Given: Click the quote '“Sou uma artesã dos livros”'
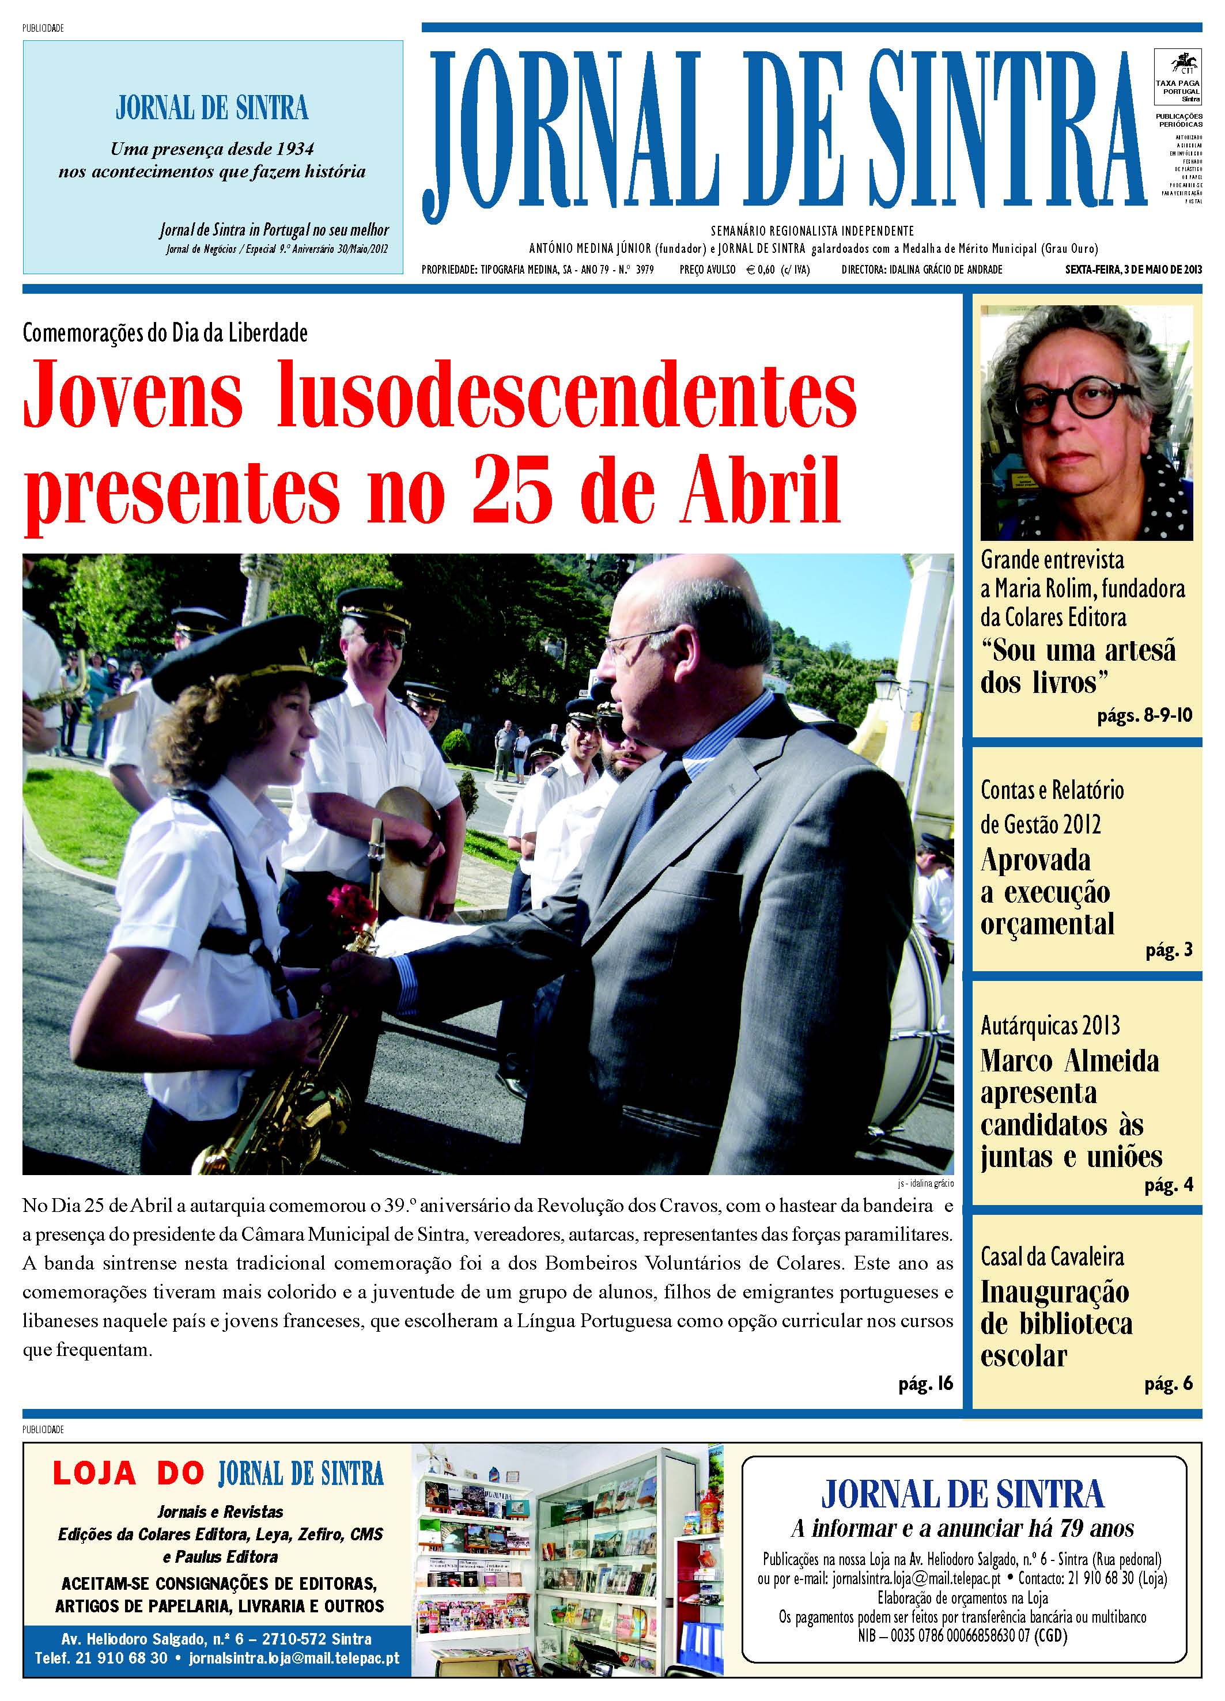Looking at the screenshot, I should [x=1077, y=666].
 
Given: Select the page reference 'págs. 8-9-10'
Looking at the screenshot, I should [x=1144, y=715].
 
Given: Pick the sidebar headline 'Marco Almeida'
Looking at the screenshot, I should [x=1069, y=1061].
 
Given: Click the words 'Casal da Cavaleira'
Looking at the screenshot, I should [x=1052, y=1257].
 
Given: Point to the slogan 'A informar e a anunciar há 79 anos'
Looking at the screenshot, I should [x=962, y=1529].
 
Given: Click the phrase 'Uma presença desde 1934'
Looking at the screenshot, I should [x=212, y=149].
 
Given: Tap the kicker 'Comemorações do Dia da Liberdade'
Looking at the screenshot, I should [x=165, y=332].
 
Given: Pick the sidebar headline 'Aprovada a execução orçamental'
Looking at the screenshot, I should [x=1046, y=892].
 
